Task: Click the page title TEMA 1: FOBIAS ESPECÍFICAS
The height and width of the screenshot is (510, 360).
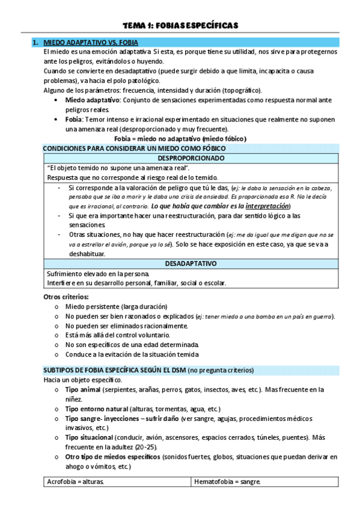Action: pyautogui.click(x=180, y=25)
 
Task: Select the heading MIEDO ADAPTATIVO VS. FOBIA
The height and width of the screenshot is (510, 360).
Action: pyautogui.click(x=91, y=43)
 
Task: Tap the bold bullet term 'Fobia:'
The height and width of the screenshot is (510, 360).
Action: pyautogui.click(x=77, y=119)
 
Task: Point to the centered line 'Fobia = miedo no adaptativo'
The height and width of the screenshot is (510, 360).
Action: pyautogui.click(x=180, y=138)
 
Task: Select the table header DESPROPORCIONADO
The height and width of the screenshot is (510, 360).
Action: pyautogui.click(x=186, y=158)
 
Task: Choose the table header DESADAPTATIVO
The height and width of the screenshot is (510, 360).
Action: pyautogui.click(x=186, y=263)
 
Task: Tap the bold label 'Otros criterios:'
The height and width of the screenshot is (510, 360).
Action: pyautogui.click(x=67, y=296)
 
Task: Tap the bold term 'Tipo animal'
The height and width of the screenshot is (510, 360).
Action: pyautogui.click(x=83, y=390)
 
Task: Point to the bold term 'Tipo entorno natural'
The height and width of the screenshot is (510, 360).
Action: pyautogui.click(x=97, y=408)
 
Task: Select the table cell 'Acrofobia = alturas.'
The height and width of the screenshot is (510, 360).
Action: pyautogui.click(x=75, y=481)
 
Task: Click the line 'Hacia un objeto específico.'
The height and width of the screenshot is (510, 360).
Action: pyautogui.click(x=82, y=380)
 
